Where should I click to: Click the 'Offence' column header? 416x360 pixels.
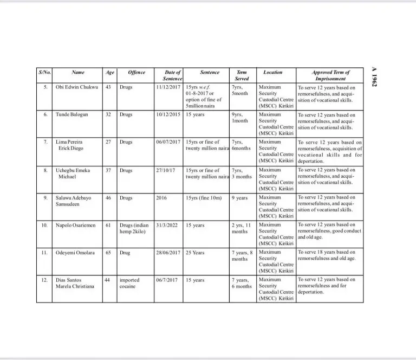click(136, 72)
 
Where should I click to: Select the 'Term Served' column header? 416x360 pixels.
click(242, 75)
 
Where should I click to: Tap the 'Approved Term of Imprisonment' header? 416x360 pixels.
click(330, 75)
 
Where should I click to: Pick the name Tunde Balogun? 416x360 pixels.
click(71, 114)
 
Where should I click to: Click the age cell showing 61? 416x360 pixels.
click(108, 224)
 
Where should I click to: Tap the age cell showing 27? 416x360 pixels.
click(108, 142)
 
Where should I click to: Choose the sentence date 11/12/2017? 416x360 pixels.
click(167, 87)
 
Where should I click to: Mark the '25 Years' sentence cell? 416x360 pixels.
click(195, 252)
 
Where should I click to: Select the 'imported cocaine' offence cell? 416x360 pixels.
click(129, 283)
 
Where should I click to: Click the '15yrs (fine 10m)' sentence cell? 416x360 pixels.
click(204, 197)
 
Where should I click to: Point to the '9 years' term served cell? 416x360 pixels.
click(239, 197)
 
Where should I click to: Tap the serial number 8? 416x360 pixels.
click(45, 170)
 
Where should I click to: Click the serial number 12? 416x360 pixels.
click(45, 280)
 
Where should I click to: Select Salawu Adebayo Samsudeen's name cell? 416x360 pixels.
click(74, 201)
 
